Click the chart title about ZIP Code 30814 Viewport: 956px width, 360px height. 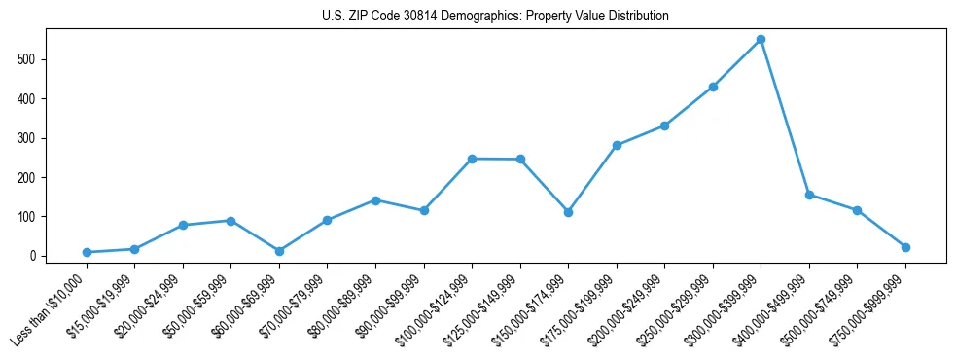pyautogui.click(x=495, y=17)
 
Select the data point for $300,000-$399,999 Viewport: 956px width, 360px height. pyautogui.click(x=761, y=40)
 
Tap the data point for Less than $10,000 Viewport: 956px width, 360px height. pyautogui.click(x=87, y=252)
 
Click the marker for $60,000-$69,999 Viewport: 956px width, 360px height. pyautogui.click(x=279, y=251)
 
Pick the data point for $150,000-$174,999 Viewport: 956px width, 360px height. pyautogui.click(x=568, y=212)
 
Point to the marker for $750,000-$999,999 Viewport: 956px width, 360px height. pyautogui.click(x=905, y=247)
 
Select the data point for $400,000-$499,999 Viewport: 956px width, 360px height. pyautogui.click(x=809, y=195)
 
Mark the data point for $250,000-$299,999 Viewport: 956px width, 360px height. pyautogui.click(x=713, y=87)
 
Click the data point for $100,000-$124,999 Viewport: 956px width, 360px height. pyautogui.click(x=472, y=159)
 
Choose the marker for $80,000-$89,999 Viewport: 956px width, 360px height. pyautogui.click(x=375, y=200)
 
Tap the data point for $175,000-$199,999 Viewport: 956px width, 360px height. pyautogui.click(x=617, y=145)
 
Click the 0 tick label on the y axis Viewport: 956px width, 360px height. pyautogui.click(x=34, y=256)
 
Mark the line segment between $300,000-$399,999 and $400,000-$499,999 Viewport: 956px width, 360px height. pyautogui.click(x=785, y=117)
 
